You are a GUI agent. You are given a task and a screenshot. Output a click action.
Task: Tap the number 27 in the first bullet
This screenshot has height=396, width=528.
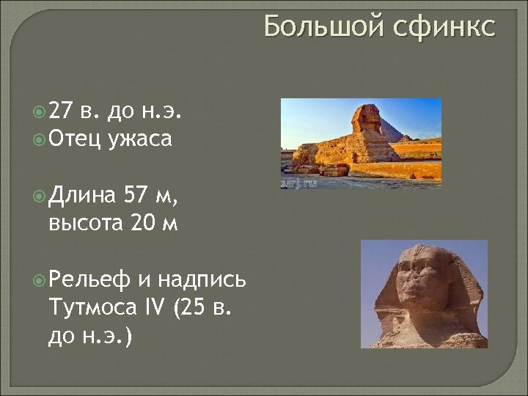(61, 111)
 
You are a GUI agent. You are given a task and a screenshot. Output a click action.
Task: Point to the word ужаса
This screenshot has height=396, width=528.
(140, 138)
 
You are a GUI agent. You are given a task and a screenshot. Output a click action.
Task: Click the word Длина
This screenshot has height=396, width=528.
(81, 195)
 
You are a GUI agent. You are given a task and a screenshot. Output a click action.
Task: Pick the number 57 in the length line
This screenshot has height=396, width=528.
(138, 195)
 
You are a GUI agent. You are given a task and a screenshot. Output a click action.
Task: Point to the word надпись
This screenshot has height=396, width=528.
(202, 279)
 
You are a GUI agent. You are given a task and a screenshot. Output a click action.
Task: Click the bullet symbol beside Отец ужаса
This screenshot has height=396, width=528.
(39, 139)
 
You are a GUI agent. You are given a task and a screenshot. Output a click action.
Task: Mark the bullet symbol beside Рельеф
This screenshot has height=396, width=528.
(39, 279)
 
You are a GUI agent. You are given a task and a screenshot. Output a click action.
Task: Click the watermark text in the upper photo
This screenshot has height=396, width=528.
(300, 182)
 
